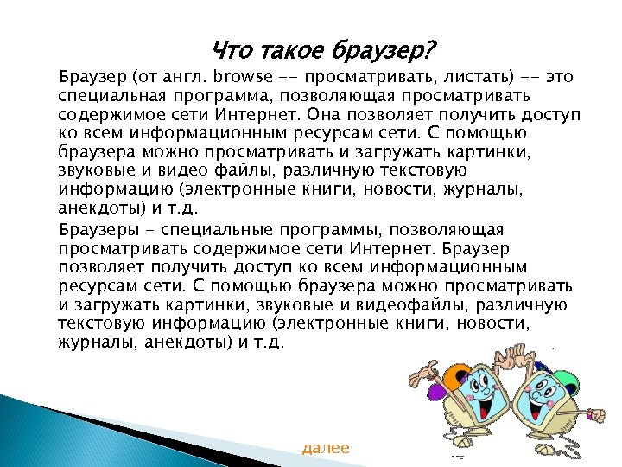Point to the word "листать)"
[x=485, y=76]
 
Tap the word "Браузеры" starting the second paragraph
[x=94, y=229]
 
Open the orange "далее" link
[x=326, y=448]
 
